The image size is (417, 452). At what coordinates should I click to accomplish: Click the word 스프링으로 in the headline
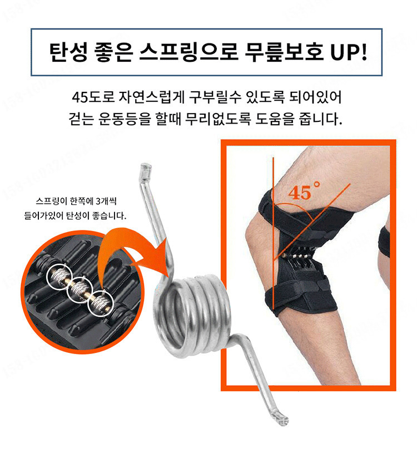(x=188, y=52)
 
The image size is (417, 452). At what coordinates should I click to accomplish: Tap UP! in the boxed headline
(x=349, y=52)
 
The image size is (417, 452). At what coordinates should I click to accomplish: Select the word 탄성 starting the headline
(x=68, y=52)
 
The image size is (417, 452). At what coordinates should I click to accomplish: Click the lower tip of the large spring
(x=283, y=420)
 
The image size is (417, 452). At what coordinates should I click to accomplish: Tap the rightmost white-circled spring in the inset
(x=101, y=303)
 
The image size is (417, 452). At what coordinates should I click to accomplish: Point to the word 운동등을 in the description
(x=125, y=118)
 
